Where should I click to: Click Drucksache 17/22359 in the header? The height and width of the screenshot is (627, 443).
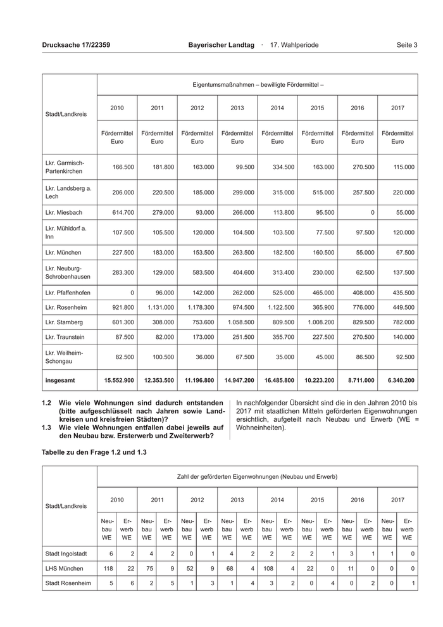pyautogui.click(x=76, y=45)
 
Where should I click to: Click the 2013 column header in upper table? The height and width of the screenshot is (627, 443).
pyautogui.click(x=237, y=108)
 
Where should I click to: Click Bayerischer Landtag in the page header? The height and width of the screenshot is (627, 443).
pyautogui.click(x=221, y=45)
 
